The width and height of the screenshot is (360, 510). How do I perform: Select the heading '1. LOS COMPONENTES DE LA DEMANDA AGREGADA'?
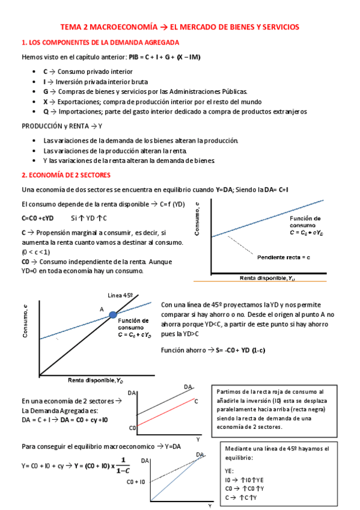99,43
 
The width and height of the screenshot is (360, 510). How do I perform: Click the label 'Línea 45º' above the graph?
120,295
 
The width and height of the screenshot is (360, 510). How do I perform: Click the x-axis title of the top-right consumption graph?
267,278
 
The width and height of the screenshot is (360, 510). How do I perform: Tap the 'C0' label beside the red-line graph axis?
132,428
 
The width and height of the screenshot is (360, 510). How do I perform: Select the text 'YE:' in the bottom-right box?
230,471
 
